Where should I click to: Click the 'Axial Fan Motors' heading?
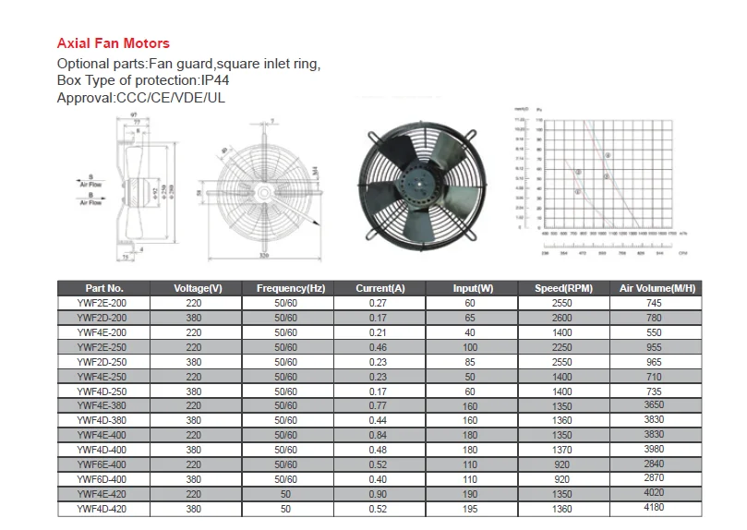pyautogui.click(x=114, y=43)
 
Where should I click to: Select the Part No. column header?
pyautogui.click(x=103, y=288)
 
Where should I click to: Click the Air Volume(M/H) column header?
pyautogui.click(x=657, y=288)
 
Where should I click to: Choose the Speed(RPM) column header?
pyautogui.click(x=562, y=288)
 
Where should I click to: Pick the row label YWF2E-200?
pyautogui.click(x=102, y=303)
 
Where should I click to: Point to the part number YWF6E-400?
pyautogui.click(x=102, y=464)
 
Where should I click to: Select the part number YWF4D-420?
pyautogui.click(x=102, y=508)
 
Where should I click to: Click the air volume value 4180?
pyautogui.click(x=654, y=508)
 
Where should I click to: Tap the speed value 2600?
pyautogui.click(x=561, y=318)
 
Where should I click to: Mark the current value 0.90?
pyautogui.click(x=379, y=493)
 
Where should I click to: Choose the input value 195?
pyautogui.click(x=471, y=508)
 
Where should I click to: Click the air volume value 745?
pyautogui.click(x=654, y=303)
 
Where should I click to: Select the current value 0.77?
pyautogui.click(x=379, y=405)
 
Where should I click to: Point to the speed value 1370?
pyautogui.click(x=561, y=450)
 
